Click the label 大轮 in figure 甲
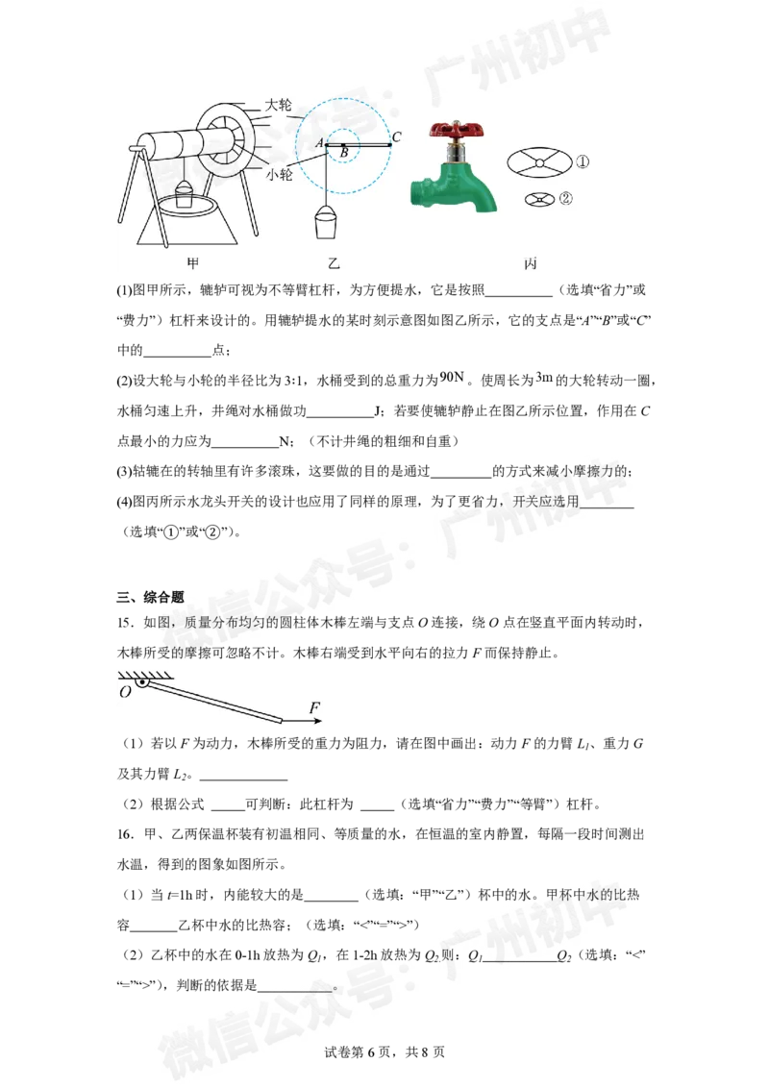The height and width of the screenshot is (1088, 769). [x=279, y=105]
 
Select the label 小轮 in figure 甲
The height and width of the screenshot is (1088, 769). [x=279, y=175]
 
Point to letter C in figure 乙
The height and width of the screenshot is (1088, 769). [x=396, y=136]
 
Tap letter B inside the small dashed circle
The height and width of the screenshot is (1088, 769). [x=344, y=152]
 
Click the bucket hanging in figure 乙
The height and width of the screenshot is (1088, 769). [x=325, y=222]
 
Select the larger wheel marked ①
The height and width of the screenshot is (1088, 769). [x=539, y=162]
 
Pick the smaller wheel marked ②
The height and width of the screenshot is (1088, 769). [x=540, y=200]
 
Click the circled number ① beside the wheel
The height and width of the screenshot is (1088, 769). [x=583, y=161]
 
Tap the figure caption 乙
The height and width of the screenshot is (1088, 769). [x=334, y=263]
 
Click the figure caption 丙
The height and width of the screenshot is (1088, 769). [x=531, y=263]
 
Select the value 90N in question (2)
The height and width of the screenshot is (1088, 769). [x=452, y=377]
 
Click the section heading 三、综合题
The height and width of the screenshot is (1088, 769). [x=151, y=597]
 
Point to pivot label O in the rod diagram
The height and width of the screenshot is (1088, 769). [x=125, y=692]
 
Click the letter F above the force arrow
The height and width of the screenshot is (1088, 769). [x=314, y=707]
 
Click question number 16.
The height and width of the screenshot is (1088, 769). [x=125, y=834]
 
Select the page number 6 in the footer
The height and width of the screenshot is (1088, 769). [x=371, y=1051]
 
